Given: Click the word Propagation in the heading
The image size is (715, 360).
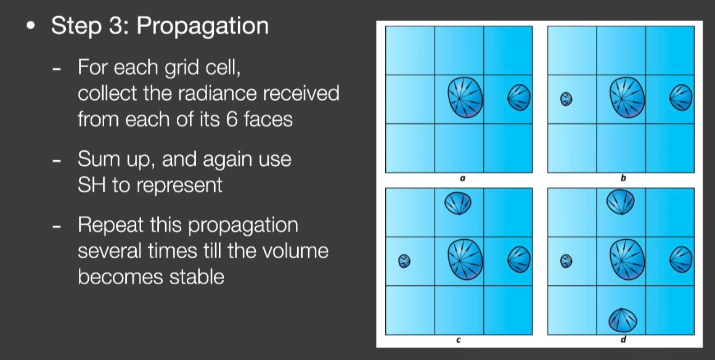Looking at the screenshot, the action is [x=202, y=26].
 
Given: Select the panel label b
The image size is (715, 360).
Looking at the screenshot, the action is [x=623, y=178].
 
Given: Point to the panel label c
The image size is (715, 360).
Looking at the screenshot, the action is [x=459, y=340].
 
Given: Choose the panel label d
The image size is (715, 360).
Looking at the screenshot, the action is [x=623, y=340].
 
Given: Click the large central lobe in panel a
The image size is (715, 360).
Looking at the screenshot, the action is [x=465, y=97].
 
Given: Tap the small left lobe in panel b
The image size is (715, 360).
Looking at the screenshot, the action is [x=566, y=99].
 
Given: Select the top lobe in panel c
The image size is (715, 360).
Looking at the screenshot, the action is [x=458, y=203].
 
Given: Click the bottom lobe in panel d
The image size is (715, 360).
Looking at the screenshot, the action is [x=623, y=320].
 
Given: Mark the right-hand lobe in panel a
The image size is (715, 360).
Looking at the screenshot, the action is [x=520, y=97].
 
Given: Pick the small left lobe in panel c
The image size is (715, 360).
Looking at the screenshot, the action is [x=404, y=261].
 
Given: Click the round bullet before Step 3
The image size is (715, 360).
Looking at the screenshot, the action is [x=31, y=26].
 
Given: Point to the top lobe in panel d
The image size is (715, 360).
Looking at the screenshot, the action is [x=621, y=202].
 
